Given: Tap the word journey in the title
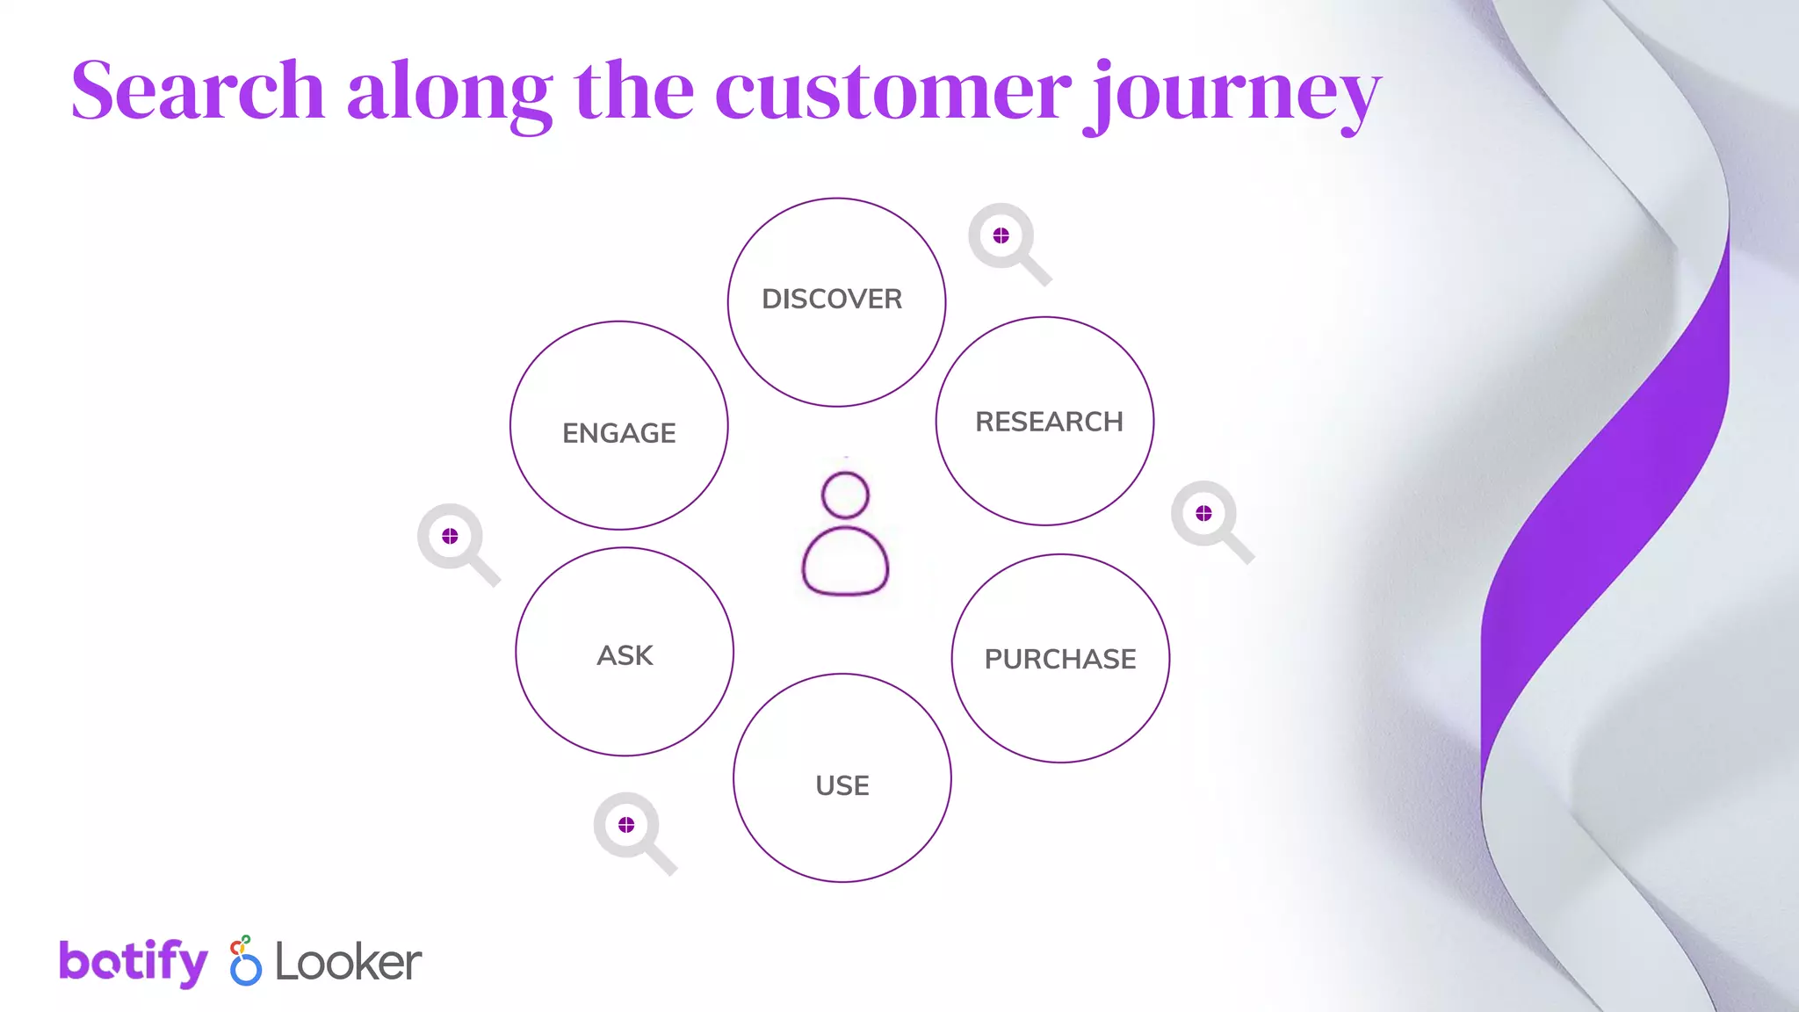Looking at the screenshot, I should [1232, 95].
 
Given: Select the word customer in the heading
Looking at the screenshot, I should [892, 92].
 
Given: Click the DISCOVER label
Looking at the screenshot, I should [832, 300].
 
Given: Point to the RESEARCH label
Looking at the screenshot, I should [1049, 422].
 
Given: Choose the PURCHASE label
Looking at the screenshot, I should [1060, 659].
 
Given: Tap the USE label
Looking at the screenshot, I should [842, 785].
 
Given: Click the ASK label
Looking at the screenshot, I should [625, 655].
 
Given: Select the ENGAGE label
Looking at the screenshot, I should [619, 433].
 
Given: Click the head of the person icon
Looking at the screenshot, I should [845, 495].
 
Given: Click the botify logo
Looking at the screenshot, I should [134, 962].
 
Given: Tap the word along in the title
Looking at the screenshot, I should [449, 92].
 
